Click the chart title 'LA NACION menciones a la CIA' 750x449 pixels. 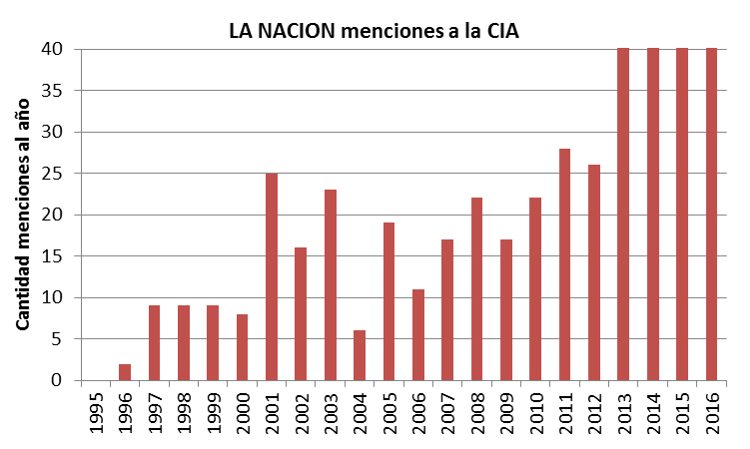[x=375, y=30]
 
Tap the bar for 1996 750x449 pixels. [x=125, y=372]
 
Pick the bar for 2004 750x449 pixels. [x=360, y=355]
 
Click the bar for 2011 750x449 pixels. [x=564, y=264]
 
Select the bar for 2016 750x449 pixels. [x=711, y=215]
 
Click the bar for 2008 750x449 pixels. [x=476, y=289]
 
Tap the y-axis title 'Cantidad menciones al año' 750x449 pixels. [x=23, y=215]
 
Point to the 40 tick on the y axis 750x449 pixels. [x=60, y=49]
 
